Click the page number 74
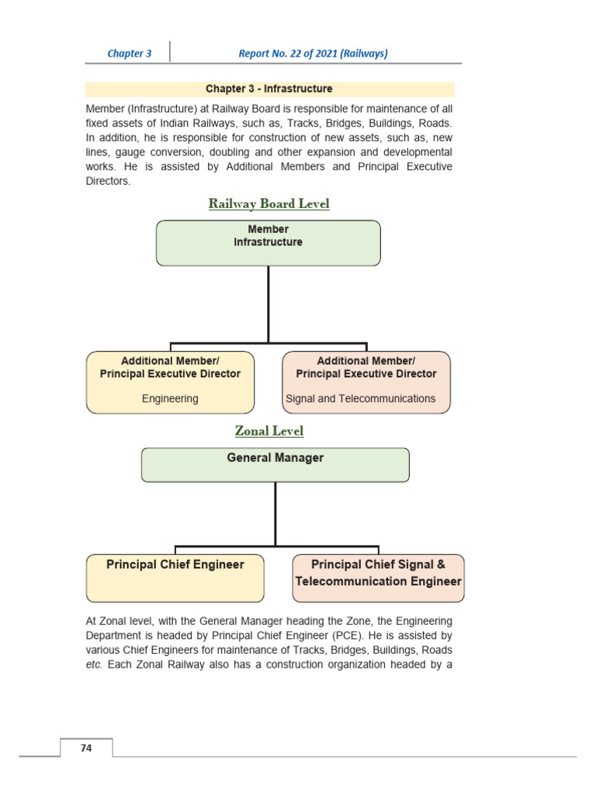86,748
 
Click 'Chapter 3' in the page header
130,54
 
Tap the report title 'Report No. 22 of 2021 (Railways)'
313,54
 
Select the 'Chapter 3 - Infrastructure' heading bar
269,89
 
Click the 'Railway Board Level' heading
269,204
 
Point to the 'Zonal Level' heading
269,431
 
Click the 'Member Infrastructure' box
269,243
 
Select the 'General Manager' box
275,464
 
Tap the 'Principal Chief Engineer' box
175,578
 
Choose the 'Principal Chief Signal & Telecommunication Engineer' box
378,578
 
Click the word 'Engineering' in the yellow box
170,398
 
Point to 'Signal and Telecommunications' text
361,398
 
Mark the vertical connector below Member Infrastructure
269,303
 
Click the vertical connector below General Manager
275,512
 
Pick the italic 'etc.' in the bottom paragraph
94,664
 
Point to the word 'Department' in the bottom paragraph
113,635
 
